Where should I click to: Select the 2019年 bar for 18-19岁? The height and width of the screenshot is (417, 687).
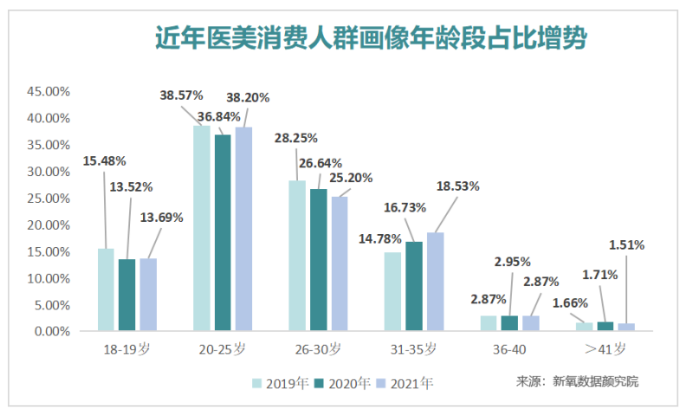click(x=106, y=290)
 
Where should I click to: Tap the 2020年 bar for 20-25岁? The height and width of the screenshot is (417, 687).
click(x=223, y=232)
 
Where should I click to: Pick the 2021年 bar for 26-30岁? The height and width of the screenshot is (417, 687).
click(x=340, y=264)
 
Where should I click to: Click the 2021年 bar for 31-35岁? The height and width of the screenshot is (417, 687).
click(x=435, y=281)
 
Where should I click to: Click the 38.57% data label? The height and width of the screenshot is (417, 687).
click(x=182, y=95)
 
